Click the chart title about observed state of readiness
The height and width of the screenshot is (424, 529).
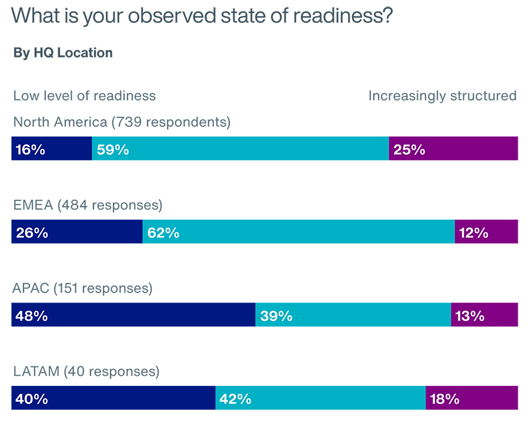coord(202,15)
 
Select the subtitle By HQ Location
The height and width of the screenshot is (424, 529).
coord(63,53)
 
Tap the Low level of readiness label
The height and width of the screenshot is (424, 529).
coord(85,96)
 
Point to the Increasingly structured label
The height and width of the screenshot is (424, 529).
coord(442,96)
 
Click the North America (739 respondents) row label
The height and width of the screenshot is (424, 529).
coord(122,122)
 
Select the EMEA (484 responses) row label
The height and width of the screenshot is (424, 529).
coord(88,206)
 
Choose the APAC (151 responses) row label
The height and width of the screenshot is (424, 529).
coord(82,289)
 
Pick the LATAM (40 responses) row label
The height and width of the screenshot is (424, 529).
coord(86,372)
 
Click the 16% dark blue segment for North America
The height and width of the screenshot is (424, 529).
coord(52,149)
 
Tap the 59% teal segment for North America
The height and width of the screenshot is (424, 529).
coord(240,149)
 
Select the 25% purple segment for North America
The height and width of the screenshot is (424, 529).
coord(453,149)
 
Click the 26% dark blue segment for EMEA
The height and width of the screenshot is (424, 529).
coord(77,233)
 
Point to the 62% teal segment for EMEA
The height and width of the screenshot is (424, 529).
coord(299,233)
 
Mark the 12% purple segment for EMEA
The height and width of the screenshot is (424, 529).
coord(486,233)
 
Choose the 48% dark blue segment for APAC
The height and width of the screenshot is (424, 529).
coord(133,315)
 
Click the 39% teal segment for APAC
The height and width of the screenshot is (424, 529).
coord(353,315)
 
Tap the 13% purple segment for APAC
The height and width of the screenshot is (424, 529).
coord(484,315)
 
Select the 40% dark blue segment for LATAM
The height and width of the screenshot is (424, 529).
coord(113,399)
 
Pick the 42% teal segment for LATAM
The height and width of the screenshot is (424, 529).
coord(320,399)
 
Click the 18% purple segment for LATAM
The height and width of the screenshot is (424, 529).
coord(471,399)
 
